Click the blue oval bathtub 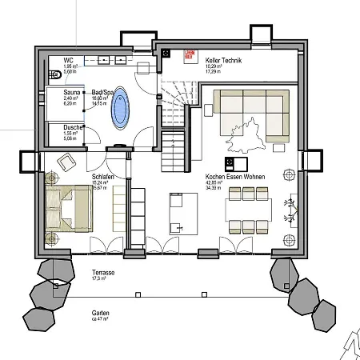point(120,107)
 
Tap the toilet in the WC point(54,75)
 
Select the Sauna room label point(73,92)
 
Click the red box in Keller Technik point(190,55)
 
